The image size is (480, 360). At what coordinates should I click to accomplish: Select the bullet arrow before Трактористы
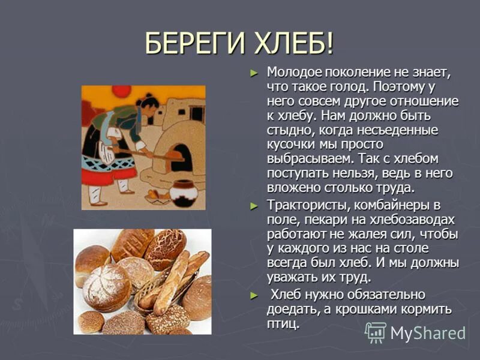(254, 206)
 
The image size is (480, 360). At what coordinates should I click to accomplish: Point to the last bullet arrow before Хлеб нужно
(254, 295)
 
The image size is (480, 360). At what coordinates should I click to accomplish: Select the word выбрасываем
(309, 159)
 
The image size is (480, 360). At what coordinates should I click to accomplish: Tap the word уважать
(292, 278)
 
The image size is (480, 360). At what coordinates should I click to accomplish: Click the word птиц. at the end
(283, 324)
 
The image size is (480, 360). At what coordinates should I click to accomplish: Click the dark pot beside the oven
(184, 193)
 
